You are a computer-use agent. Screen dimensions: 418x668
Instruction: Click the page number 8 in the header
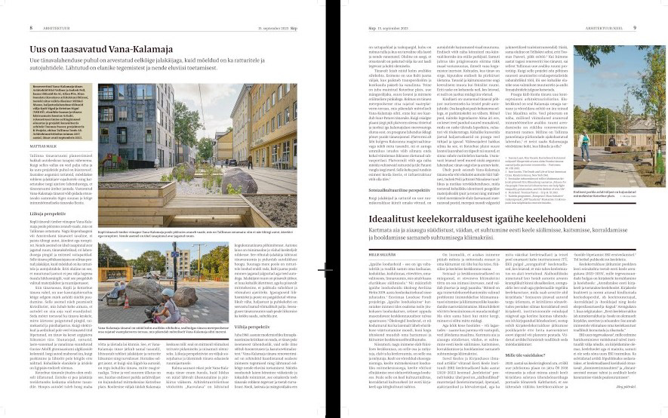click(9, 7)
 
